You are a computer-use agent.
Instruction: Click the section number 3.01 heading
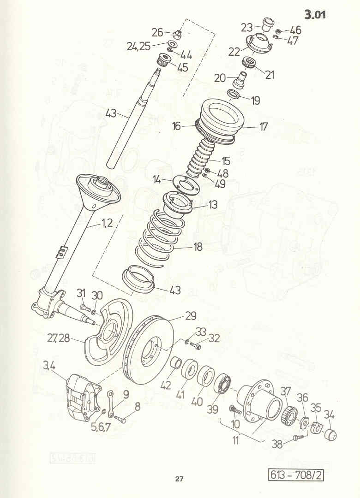click(315, 15)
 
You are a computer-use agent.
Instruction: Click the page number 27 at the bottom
click(179, 479)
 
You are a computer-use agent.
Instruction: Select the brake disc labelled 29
click(147, 350)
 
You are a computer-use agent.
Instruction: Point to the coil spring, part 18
click(155, 237)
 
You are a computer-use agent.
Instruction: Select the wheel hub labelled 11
click(260, 399)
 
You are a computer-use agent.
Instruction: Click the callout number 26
click(157, 32)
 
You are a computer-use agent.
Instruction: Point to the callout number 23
click(246, 28)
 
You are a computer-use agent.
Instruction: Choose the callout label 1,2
click(108, 223)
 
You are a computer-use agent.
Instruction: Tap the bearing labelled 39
click(224, 384)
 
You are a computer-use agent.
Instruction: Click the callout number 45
click(183, 67)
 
